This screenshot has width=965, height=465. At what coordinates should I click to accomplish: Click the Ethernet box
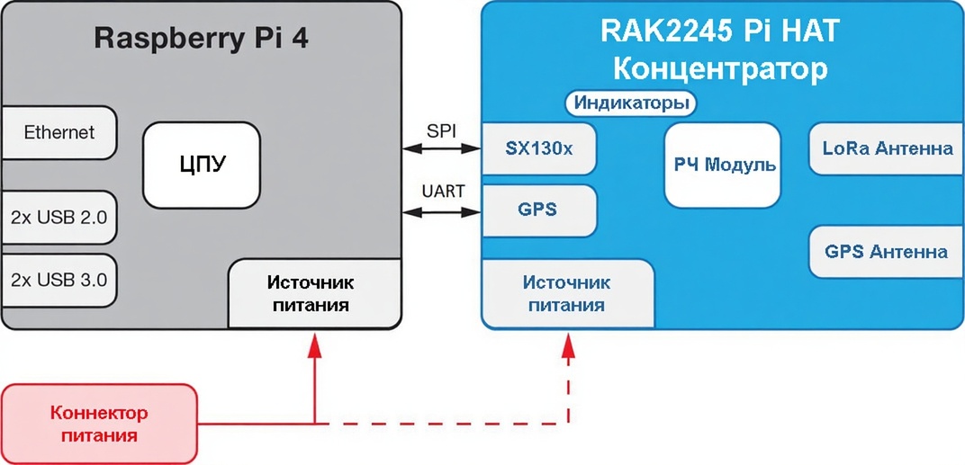point(59,133)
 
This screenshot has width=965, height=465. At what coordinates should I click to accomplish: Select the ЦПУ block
point(202,163)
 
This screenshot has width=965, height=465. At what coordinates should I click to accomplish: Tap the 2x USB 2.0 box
point(59,217)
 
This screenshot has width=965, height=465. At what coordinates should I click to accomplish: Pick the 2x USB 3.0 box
point(59,280)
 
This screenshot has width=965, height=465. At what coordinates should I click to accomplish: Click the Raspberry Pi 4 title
point(201,40)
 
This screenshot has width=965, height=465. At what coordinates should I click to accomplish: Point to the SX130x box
point(538,148)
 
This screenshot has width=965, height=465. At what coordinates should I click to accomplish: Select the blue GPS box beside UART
point(538,210)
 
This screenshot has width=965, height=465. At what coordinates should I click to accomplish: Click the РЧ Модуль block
point(724,165)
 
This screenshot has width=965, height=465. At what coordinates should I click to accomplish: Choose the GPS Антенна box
point(887,251)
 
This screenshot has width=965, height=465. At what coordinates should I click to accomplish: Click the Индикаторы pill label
point(632,103)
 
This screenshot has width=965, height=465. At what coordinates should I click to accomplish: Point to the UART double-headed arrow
point(441,212)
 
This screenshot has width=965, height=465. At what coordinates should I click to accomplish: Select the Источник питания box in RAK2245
point(566,293)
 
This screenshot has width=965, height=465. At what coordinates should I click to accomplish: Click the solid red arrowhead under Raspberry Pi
point(314,345)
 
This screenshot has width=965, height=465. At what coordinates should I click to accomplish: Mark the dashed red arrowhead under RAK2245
point(568,345)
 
